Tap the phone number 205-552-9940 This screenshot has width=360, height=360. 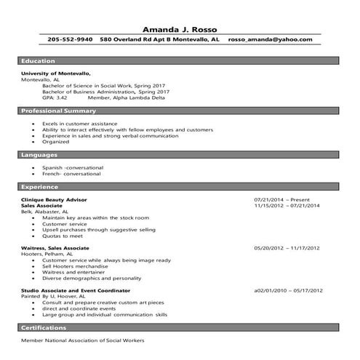(x=71, y=39)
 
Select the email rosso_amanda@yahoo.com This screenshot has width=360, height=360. (x=269, y=39)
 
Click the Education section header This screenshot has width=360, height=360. (x=39, y=61)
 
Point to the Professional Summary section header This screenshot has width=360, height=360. (x=59, y=111)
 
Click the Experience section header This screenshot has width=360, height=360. (x=41, y=186)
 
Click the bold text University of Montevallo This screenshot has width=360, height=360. (x=56, y=73)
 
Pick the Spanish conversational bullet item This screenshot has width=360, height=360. (x=73, y=167)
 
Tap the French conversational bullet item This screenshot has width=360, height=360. (x=72, y=174)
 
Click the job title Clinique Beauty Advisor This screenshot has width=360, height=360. (x=55, y=199)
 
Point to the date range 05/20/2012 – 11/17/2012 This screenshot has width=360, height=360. (x=287, y=248)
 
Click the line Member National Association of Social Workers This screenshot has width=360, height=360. (x=82, y=340)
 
